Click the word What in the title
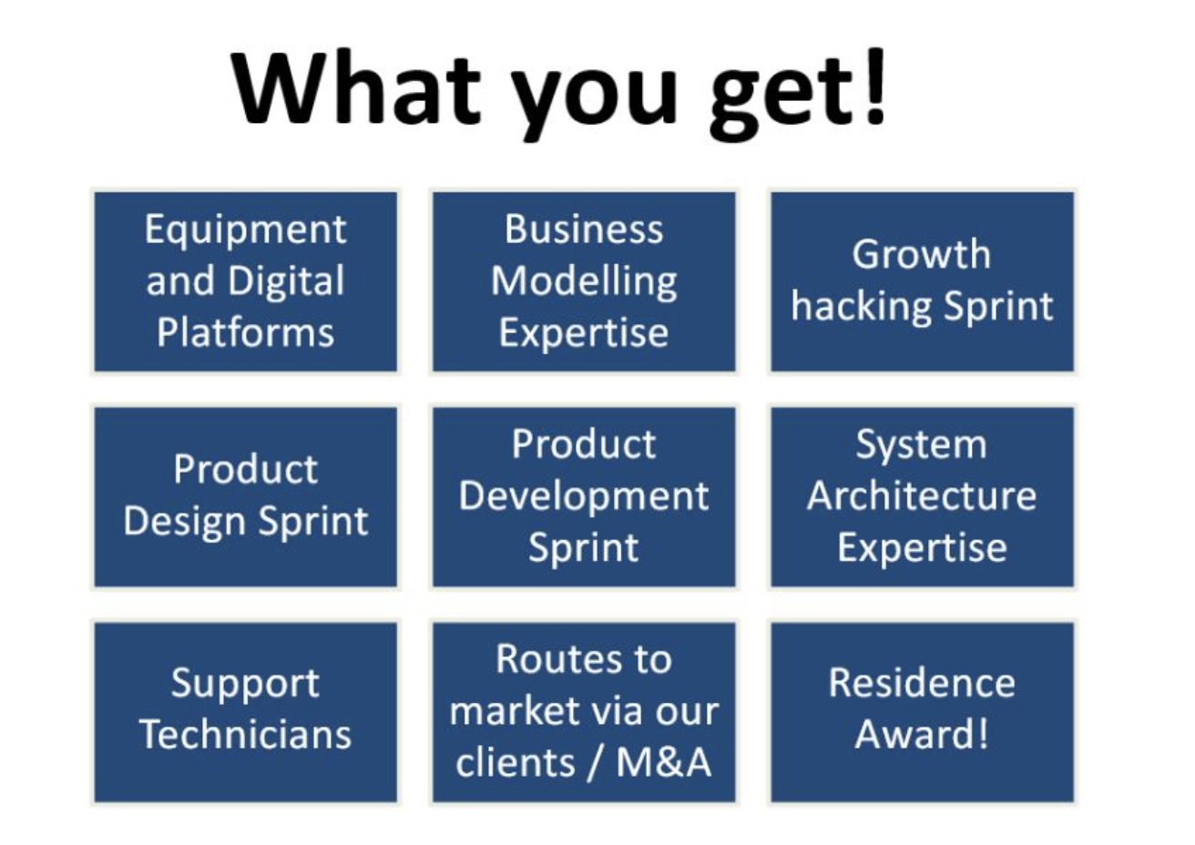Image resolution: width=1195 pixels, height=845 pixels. (356, 88)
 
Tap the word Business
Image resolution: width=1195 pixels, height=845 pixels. (584, 229)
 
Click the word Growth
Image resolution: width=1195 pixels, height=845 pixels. (922, 253)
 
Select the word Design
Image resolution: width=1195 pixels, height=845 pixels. (185, 522)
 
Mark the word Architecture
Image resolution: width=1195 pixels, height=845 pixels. (922, 496)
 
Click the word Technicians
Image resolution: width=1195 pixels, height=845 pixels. (245, 734)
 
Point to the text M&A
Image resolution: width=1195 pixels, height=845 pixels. (664, 762)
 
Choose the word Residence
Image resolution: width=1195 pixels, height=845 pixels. (922, 683)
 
